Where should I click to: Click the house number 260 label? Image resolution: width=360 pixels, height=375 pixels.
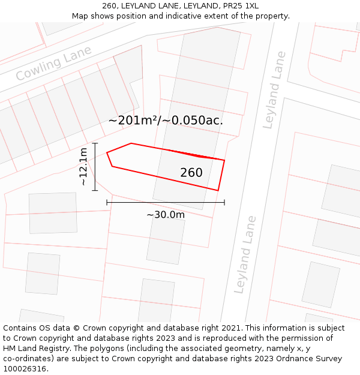(191, 173)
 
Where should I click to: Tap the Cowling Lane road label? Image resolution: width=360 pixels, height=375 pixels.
(53, 64)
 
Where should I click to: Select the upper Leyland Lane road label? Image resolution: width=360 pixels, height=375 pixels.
(275, 90)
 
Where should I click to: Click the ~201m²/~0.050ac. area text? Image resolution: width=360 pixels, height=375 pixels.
(166, 120)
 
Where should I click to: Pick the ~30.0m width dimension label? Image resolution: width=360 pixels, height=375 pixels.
(166, 214)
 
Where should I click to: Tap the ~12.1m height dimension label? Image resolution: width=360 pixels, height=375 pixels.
(83, 166)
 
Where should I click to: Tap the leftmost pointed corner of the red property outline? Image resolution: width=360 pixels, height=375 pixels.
(107, 153)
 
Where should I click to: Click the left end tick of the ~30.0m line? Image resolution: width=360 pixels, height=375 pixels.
(107, 203)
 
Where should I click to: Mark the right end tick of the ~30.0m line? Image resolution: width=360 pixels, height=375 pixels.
(224, 203)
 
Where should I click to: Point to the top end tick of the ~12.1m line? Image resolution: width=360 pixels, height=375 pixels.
(95, 143)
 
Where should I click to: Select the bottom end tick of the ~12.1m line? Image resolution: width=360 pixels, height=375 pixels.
(95, 191)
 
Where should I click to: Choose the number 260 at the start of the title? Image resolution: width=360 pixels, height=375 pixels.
(109, 6)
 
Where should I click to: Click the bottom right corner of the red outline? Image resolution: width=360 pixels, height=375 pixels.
(218, 191)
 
